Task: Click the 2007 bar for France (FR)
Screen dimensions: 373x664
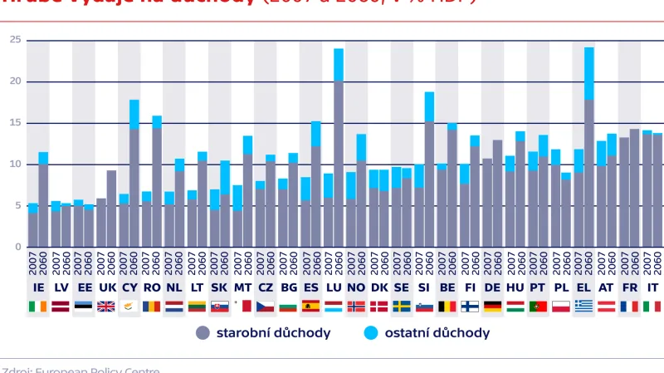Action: (623, 192)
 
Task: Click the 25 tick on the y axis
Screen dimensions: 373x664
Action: (16, 40)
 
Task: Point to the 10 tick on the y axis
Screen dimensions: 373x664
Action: (16, 164)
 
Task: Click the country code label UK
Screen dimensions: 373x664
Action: (106, 287)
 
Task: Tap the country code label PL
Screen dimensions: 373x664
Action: (561, 287)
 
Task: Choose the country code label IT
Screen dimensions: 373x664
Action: (652, 287)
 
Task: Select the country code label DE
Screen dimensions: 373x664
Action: (493, 287)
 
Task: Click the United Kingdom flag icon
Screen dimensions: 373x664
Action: (106, 306)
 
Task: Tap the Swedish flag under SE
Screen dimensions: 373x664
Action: (402, 306)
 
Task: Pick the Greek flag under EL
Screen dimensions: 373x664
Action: (583, 306)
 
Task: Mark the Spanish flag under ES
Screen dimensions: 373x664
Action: (310, 306)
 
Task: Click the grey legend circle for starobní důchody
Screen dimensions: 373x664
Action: (203, 333)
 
